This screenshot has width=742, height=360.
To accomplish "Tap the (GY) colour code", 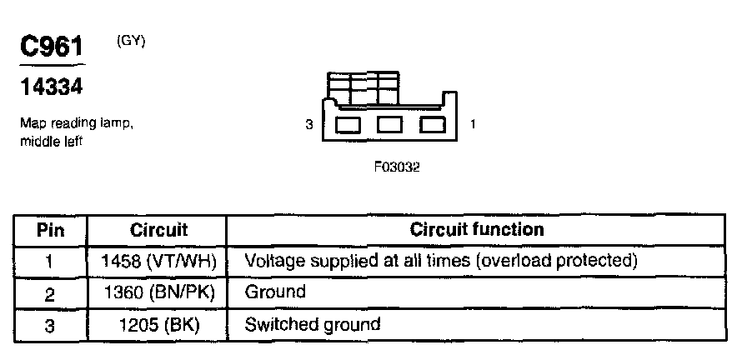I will pos(131,42).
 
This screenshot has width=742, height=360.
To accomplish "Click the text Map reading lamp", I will pos(76,124).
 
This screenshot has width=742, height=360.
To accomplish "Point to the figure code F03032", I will pos(397,167).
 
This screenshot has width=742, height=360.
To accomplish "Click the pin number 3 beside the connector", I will pos(308,125).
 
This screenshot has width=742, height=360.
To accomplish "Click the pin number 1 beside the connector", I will pos(474,125).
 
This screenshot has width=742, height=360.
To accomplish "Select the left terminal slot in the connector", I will pos(348,126).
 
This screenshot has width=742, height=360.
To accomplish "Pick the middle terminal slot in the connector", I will pos(390,126).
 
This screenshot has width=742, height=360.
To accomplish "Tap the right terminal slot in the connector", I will pos(432,126).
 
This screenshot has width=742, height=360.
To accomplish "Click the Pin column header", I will pos(51,229).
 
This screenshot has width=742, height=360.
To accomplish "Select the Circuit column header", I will pos(158,229).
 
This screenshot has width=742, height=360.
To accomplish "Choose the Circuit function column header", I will pos(476,229).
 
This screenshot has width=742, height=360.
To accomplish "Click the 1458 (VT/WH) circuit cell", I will pos(158,261).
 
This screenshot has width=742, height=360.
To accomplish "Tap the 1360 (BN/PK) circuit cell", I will pos(158,292).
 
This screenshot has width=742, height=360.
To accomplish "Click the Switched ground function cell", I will pos(312,324).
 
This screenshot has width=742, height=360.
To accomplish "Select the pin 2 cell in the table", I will pos(51,292).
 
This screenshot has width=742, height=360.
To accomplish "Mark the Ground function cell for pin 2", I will pos(275,292).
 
